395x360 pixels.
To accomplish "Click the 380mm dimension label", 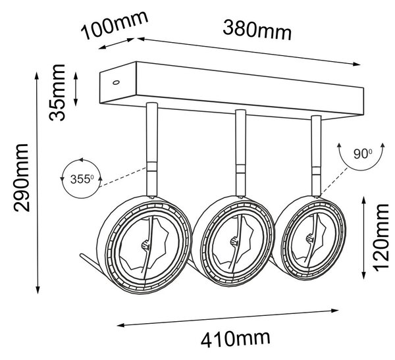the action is coord(257,31).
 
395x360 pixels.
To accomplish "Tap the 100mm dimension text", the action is coord(115,25).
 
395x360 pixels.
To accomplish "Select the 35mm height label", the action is coord(57,92).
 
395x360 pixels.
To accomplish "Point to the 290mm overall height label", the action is coord(22,178).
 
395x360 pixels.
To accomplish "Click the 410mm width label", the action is coord(236,339).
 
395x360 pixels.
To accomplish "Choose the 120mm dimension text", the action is coord(381,238).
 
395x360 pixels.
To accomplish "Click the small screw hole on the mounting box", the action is coord(116,82).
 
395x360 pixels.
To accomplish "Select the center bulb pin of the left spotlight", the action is coord(145,244).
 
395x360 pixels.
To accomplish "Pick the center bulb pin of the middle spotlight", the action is coord(234,242).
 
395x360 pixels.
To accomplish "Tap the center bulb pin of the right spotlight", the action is coord(309,238).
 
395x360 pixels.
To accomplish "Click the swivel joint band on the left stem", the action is coord(152,167).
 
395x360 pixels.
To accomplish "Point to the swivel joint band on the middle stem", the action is coord(240,169).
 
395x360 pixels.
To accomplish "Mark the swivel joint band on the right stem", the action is coord(316,170).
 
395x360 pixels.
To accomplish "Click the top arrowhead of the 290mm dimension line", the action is coord(37,75).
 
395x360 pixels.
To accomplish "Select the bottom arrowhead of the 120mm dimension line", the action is coord(363,275).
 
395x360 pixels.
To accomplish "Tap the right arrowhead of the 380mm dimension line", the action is coord(357,64).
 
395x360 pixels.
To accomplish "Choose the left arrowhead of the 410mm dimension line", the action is coord(120,325).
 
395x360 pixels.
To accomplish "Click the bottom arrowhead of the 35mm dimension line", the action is coord(76,102).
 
